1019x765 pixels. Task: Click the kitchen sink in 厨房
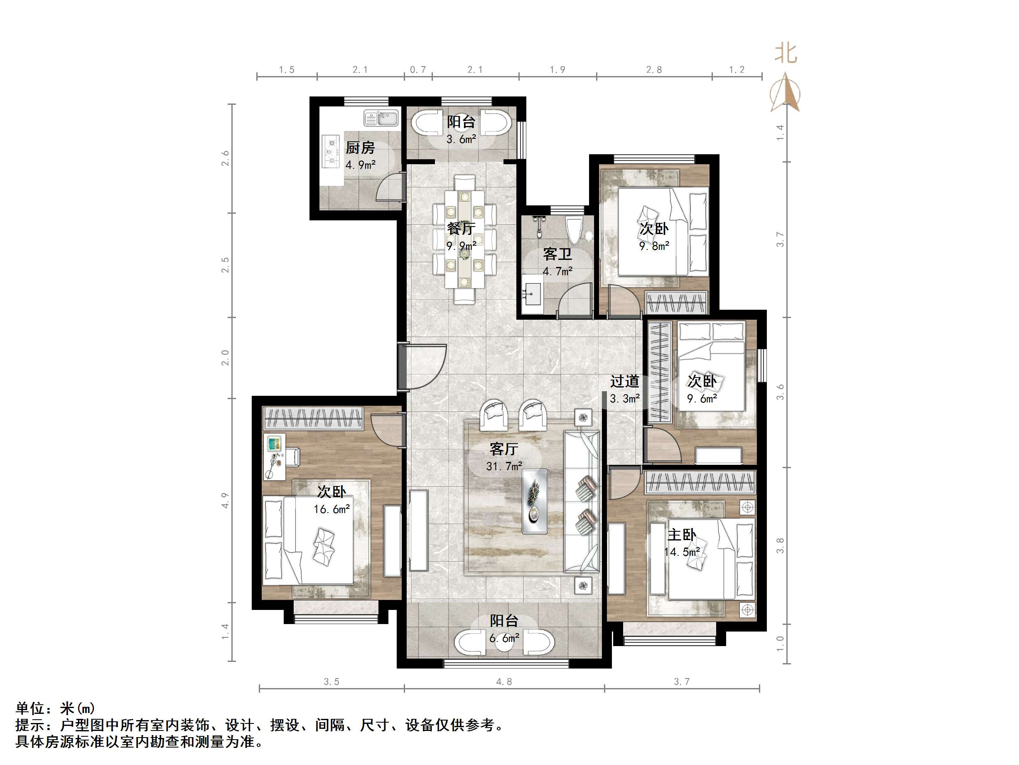point(381,118)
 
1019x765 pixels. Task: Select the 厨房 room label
point(360,148)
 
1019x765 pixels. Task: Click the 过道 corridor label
point(625,381)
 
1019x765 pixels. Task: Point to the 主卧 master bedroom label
point(682,535)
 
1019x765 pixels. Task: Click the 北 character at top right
point(786,54)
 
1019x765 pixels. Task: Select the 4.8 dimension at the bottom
point(504,681)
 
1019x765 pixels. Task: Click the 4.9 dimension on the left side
point(225,500)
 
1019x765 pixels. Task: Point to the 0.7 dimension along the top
point(418,69)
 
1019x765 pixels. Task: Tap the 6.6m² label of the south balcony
point(504,638)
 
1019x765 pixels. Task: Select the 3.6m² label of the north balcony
point(461,139)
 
